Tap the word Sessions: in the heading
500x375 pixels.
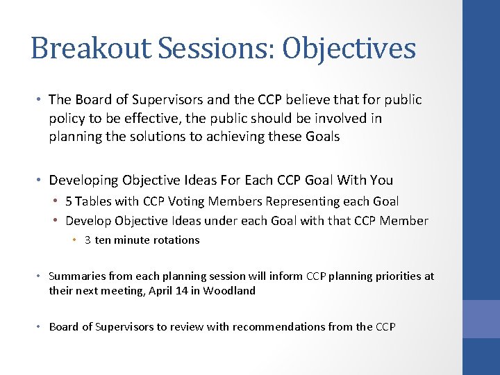coord(201,49)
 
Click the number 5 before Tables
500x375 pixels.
coord(69,201)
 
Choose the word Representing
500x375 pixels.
coord(297,201)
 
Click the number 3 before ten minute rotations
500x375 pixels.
coord(87,240)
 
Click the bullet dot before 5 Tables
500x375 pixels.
coord(56,201)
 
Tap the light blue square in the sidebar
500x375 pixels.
coord(481,319)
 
